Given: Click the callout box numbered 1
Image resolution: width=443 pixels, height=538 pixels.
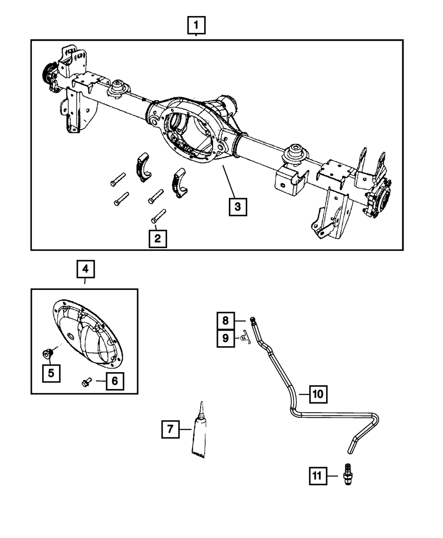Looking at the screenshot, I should pyautogui.click(x=196, y=26).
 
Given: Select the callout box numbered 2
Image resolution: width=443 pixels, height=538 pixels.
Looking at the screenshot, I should pyautogui.click(x=157, y=239).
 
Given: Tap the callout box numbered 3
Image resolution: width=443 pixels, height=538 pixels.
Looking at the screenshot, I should pyautogui.click(x=237, y=207).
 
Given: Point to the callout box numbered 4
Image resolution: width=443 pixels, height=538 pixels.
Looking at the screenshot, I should pyautogui.click(x=85, y=269).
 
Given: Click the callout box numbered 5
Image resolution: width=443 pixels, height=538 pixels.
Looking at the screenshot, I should pyautogui.click(x=51, y=373).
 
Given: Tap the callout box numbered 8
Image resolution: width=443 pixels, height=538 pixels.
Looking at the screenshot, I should pyautogui.click(x=225, y=320).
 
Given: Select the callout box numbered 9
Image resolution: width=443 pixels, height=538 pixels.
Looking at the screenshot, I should pyautogui.click(x=225, y=339).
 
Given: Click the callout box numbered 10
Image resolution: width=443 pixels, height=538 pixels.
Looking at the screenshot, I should pyautogui.click(x=318, y=394).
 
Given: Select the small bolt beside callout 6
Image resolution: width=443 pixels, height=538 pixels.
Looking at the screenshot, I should pyautogui.click(x=86, y=382).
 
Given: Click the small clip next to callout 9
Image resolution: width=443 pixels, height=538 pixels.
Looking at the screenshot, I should pyautogui.click(x=245, y=339).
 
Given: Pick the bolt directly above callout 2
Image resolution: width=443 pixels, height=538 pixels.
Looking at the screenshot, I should pyautogui.click(x=158, y=215).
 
